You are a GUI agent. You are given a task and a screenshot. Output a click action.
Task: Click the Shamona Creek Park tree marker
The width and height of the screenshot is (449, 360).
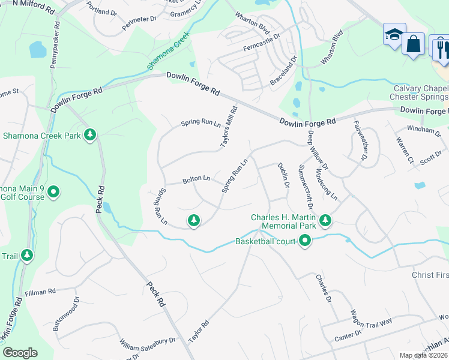[90, 135]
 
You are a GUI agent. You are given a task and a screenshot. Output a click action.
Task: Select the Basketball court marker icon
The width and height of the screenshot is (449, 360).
[305, 241]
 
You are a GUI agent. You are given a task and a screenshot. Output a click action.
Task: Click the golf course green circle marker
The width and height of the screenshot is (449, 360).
[53, 192]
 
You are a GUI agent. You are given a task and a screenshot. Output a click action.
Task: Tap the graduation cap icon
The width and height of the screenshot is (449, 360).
[394, 35]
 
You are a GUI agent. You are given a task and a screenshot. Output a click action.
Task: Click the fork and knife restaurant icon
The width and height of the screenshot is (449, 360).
[441, 48]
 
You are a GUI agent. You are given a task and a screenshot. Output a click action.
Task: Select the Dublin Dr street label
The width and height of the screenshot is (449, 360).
[283, 176]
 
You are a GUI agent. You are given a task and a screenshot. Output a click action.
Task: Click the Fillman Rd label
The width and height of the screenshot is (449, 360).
[40, 292]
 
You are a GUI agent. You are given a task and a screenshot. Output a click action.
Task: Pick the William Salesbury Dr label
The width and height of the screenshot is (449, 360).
[146, 344]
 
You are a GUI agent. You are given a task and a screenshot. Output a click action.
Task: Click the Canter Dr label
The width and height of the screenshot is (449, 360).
[349, 334]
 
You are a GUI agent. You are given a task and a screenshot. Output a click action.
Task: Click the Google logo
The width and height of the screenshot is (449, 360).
[20, 353]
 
